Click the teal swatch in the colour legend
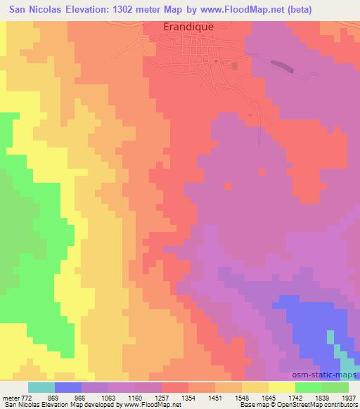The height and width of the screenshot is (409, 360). pyautogui.click(x=41, y=387)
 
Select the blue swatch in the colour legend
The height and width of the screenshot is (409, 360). pyautogui.click(x=68, y=387)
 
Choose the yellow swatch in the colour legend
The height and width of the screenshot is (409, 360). pyautogui.click(x=281, y=387)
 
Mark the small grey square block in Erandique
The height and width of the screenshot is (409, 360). pyautogui.click(x=235, y=65)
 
